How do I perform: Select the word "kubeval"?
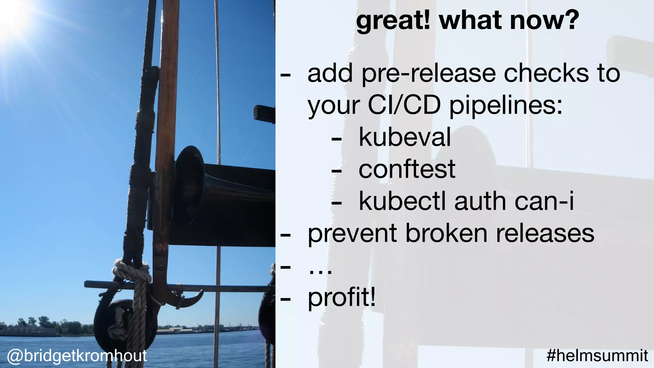[x=405, y=137]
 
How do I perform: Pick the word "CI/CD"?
[x=404, y=105]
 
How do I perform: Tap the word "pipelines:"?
[x=506, y=106]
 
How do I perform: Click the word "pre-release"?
[x=429, y=74]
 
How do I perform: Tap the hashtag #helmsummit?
[x=597, y=356]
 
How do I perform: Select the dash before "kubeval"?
[x=337, y=139]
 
